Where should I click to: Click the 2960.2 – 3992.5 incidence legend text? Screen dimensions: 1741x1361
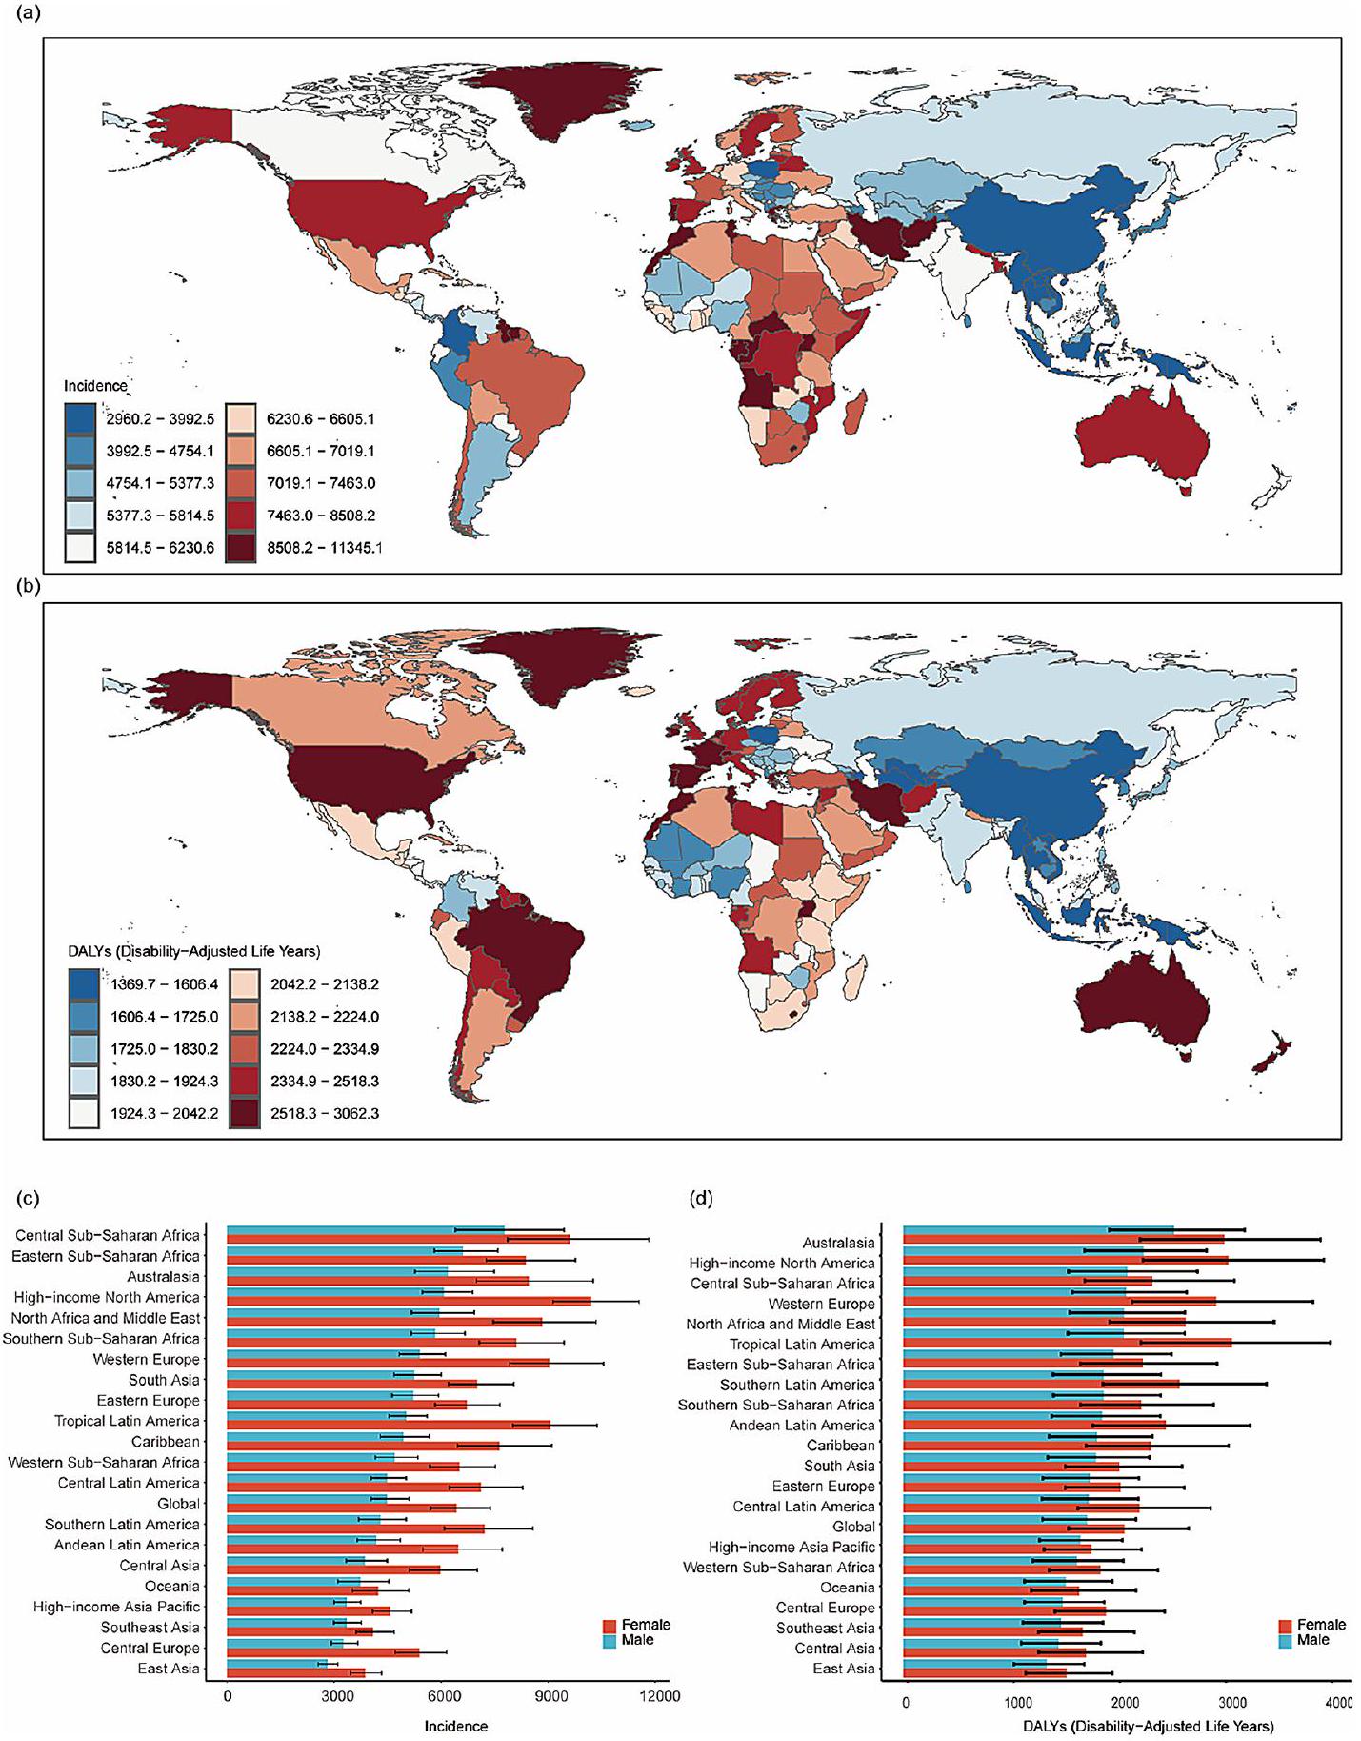tap(160, 418)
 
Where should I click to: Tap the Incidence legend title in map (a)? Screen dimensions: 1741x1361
tap(95, 386)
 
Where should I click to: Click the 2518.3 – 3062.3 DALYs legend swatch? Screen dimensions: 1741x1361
tap(244, 1113)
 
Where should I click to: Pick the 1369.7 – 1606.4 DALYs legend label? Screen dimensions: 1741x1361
tap(164, 984)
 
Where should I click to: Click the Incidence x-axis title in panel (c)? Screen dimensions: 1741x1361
tap(455, 1726)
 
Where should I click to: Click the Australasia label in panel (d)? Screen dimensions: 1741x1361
tap(838, 1243)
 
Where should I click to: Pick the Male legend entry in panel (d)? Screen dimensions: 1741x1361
tap(1312, 1640)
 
